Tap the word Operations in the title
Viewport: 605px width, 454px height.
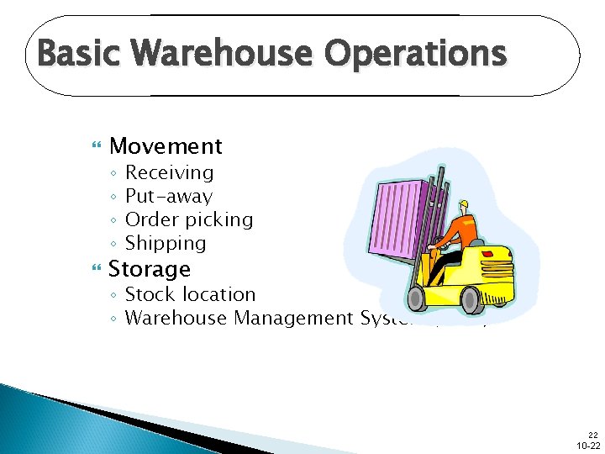pos(416,55)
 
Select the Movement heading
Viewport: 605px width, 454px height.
pos(166,146)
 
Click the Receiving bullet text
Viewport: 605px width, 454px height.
pos(169,172)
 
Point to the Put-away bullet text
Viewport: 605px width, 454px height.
pos(168,197)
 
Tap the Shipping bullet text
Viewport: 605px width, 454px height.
pos(165,244)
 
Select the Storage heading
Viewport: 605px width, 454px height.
pos(150,270)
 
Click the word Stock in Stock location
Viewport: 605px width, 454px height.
pos(148,294)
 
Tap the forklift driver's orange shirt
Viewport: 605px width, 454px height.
pos(457,232)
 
